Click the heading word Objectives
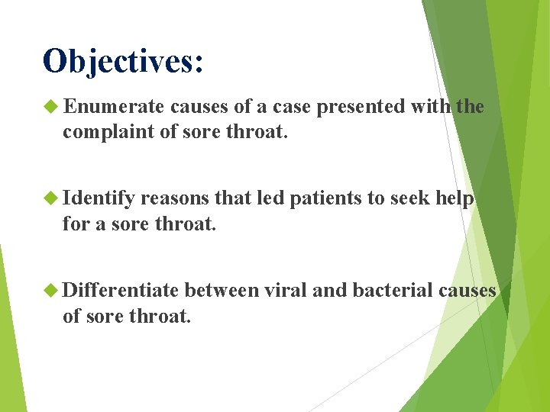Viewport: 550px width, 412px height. pos(118,61)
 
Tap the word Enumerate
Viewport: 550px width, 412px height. pos(115,107)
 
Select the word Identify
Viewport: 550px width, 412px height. pos(99,198)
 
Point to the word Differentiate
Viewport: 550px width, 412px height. pos(121,290)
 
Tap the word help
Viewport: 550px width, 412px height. pos(455,198)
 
